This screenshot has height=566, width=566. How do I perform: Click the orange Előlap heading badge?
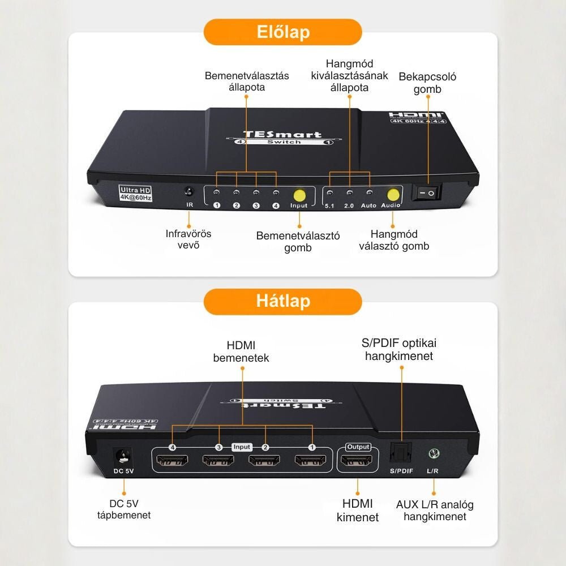coord(282,32)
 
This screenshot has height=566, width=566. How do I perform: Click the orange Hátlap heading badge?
coord(282,301)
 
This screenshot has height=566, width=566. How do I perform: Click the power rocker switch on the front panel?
coord(426,194)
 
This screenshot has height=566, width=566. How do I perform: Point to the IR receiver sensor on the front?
coord(190,192)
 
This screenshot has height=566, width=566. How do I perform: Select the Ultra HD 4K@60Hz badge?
coord(135,194)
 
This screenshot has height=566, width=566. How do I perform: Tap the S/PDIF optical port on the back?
coord(401,453)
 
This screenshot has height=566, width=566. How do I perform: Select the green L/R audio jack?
coord(434,453)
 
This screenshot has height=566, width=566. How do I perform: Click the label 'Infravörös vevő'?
coord(188,239)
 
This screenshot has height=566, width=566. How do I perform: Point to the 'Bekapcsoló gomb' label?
coord(427,83)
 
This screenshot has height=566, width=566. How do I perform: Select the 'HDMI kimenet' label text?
coord(358,510)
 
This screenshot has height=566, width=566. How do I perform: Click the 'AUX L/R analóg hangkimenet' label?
coord(435,510)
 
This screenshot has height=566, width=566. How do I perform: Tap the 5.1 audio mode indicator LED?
coord(329,193)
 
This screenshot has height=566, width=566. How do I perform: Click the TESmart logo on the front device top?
coord(282,134)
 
